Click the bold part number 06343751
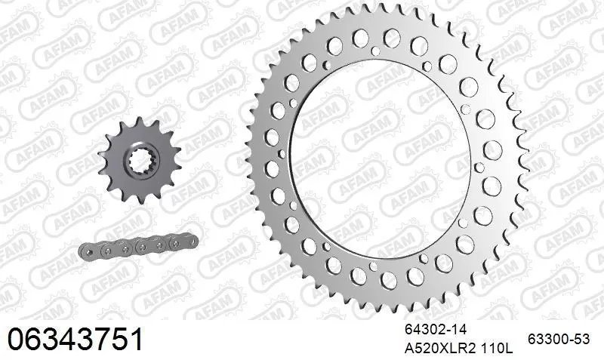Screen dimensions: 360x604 [75, 339]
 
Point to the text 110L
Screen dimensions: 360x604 [498, 349]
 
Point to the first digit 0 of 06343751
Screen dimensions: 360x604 [15, 339]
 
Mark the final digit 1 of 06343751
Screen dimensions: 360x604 [136, 339]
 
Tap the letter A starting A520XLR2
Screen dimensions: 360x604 [410, 349]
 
